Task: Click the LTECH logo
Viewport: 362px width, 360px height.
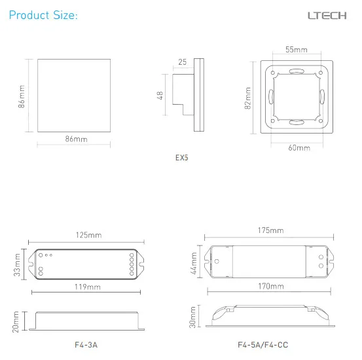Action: tap(327, 16)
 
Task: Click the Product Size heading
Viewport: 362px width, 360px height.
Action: tap(43, 16)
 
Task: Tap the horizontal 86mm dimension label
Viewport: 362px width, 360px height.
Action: tap(76, 139)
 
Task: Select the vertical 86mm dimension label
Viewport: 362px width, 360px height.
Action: tap(22, 96)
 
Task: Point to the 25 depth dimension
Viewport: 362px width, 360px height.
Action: tap(183, 62)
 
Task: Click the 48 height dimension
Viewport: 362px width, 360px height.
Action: tap(160, 95)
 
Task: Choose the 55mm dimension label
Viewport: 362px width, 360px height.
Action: tap(297, 50)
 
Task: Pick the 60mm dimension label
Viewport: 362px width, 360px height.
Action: tap(299, 147)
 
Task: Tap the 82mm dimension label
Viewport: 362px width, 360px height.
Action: tap(247, 98)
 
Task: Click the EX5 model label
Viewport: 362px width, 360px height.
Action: tap(182, 158)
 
